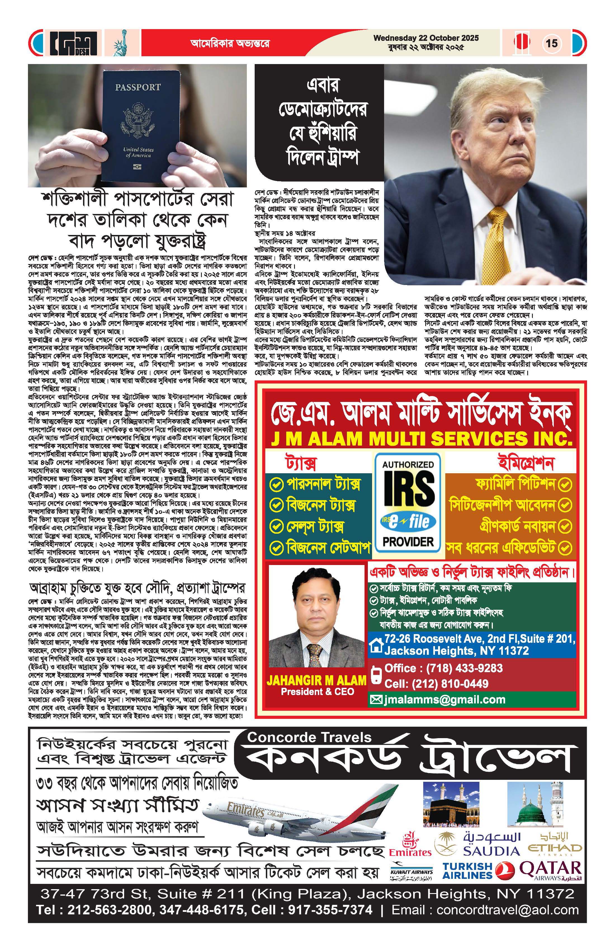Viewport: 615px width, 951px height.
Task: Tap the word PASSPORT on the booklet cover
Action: (138, 87)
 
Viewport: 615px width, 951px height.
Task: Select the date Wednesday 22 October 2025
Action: (426, 38)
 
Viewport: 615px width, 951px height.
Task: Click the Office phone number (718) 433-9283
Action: (443, 668)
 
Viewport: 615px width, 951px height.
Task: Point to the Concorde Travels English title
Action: (309, 737)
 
